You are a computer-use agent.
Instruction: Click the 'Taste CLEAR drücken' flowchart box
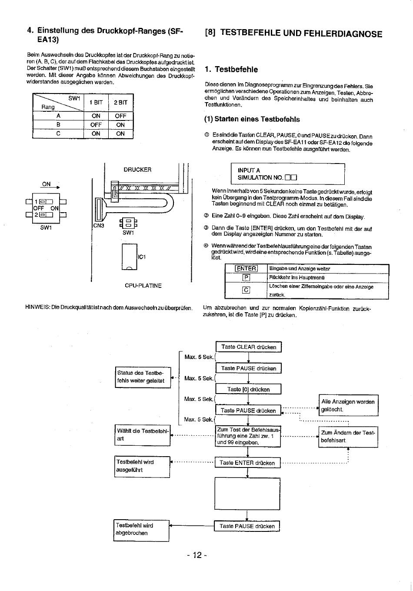tap(248, 347)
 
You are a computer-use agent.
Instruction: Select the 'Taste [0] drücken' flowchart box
tap(248, 389)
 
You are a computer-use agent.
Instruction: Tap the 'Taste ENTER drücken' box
tap(247, 463)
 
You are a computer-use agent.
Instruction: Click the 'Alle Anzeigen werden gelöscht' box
tap(348, 405)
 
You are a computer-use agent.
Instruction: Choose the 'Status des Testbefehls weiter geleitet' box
tap(143, 377)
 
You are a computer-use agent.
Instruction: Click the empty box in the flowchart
tap(247, 494)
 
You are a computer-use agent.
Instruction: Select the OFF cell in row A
tap(120, 116)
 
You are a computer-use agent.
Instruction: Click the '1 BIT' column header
tap(96, 102)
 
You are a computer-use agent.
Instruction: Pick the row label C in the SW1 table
tap(58, 134)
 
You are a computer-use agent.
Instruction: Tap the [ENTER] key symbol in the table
tap(246, 269)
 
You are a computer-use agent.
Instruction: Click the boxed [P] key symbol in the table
tap(246, 277)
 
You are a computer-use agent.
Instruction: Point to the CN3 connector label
tap(99, 226)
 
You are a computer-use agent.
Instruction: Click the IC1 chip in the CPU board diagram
tap(130, 257)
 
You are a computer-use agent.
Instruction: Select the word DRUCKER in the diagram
tap(137, 170)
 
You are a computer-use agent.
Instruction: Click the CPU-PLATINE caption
tap(143, 285)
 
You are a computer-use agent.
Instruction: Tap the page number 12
tap(197, 555)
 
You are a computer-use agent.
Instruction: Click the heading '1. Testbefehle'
tap(231, 70)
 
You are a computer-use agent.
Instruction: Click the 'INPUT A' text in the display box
tap(249, 170)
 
